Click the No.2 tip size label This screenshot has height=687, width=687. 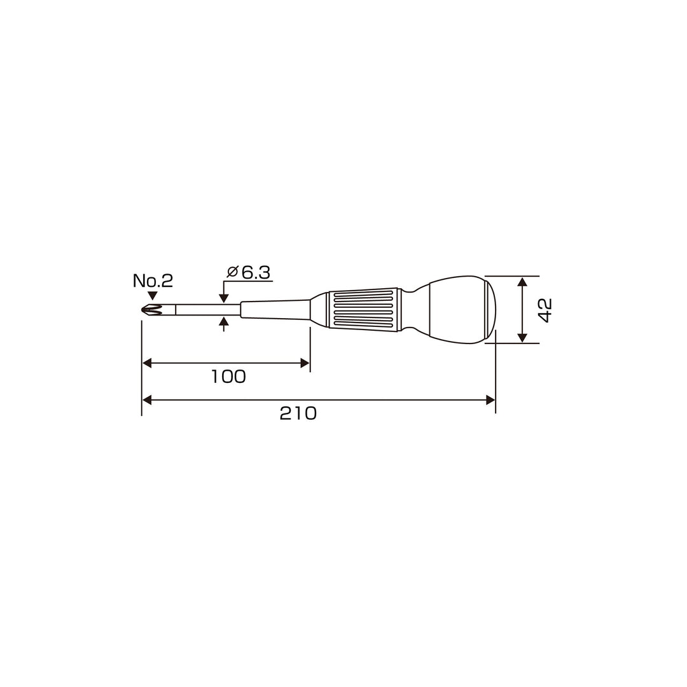pos(153,281)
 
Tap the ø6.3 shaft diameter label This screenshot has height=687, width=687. pos(249,272)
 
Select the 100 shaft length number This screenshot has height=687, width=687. pos(229,377)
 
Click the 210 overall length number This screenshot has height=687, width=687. pos(298,413)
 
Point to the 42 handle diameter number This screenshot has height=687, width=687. pos(545,310)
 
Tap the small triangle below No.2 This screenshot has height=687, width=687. pos(153,296)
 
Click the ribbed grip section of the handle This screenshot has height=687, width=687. pos(363,309)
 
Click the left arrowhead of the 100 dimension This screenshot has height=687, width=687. pos(147,363)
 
